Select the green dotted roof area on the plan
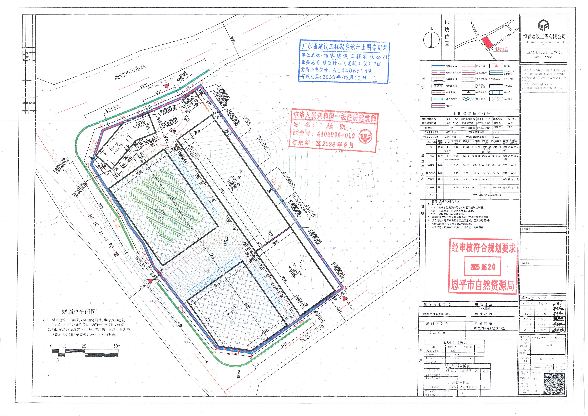167,205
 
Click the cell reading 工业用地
484,309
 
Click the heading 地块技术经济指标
471,113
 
